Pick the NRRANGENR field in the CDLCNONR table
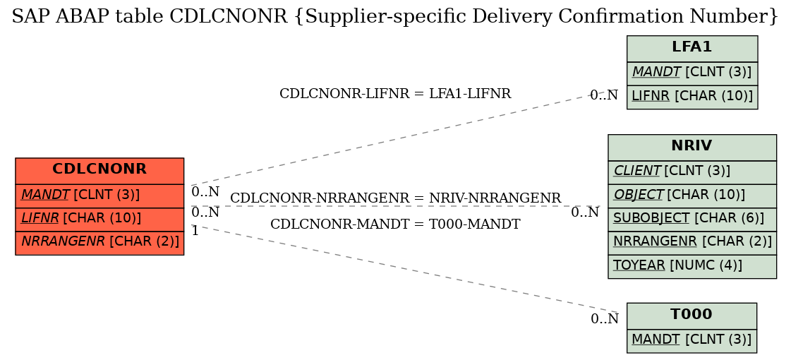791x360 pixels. pos(99,242)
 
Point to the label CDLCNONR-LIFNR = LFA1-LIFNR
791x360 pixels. pos(395,94)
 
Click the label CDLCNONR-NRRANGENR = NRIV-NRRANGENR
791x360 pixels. pos(395,198)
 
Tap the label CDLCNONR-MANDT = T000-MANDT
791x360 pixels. pos(395,224)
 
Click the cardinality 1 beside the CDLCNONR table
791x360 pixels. pos(195,232)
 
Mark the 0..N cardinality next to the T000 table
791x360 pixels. pos(604,319)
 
